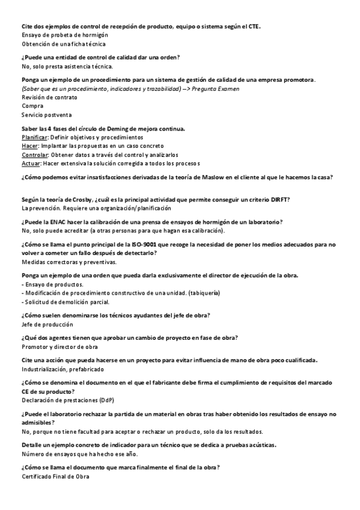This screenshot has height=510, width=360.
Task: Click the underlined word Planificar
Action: point(34,137)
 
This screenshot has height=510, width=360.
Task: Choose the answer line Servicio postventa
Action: point(46,114)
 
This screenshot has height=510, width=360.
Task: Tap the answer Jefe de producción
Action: point(48,324)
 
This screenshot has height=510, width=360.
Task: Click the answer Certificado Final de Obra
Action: point(55,476)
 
